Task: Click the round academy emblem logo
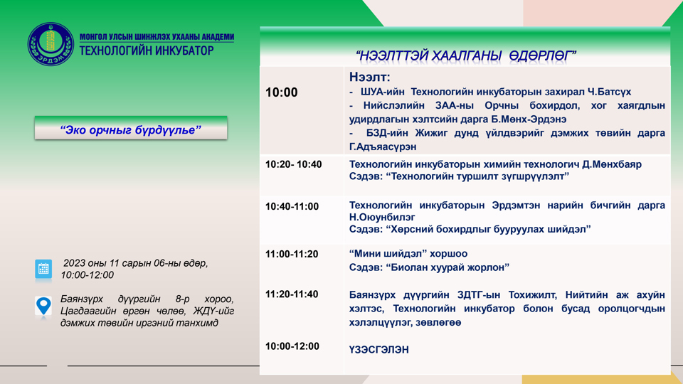(x=51, y=44)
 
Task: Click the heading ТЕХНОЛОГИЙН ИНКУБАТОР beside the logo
(x=147, y=50)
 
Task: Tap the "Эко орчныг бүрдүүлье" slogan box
(x=131, y=129)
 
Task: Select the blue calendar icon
(x=44, y=269)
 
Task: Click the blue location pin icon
(x=44, y=306)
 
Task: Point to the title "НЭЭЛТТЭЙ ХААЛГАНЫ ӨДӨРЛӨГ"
(x=465, y=55)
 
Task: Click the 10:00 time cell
(x=282, y=92)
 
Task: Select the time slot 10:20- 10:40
(x=293, y=164)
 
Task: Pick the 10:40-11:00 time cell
(x=292, y=206)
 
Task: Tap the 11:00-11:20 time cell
(x=292, y=254)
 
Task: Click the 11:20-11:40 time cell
(x=292, y=294)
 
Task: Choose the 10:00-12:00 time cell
(x=292, y=346)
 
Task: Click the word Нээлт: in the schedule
(x=370, y=77)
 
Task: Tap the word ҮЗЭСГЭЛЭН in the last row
(x=378, y=350)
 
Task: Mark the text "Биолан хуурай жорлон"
(x=448, y=267)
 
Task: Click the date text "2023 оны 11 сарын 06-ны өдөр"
(x=135, y=263)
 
